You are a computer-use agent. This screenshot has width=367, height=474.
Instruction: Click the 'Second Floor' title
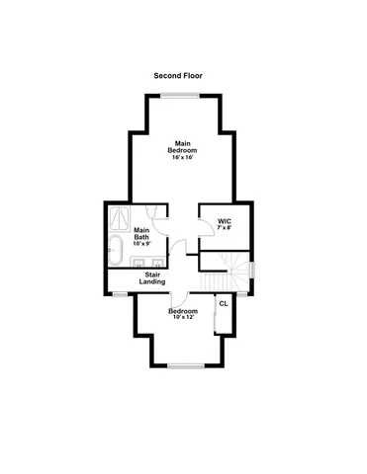pos(179,75)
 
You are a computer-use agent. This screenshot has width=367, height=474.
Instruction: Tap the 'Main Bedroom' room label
pos(183,145)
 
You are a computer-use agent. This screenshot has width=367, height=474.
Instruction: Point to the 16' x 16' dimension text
pos(183,157)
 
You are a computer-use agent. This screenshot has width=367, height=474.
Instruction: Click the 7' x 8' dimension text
pos(225,227)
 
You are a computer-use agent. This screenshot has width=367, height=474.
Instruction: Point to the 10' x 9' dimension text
pos(140,245)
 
